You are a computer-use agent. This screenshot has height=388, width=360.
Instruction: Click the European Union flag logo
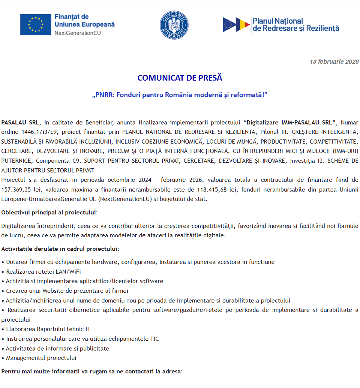36,24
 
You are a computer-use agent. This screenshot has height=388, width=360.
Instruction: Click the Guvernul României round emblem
174,25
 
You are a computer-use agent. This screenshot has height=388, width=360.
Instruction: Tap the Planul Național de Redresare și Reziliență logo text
295,25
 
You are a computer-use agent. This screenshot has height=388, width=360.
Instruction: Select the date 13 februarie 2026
334,62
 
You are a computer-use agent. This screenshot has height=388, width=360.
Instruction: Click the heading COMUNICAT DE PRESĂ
180,78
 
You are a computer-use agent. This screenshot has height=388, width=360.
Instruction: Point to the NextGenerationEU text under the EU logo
78,33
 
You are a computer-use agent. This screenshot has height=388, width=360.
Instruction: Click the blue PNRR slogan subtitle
180,95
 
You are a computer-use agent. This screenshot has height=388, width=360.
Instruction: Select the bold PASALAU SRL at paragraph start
20,123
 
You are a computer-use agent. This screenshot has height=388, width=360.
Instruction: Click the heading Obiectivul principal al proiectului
49,213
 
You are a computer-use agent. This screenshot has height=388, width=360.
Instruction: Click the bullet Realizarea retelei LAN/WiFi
43,271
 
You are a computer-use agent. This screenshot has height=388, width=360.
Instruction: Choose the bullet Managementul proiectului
41,358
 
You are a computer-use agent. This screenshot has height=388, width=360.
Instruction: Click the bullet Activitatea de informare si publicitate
57,348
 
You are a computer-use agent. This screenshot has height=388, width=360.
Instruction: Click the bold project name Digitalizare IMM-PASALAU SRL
289,123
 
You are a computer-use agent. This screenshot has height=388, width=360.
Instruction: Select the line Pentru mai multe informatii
92,372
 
